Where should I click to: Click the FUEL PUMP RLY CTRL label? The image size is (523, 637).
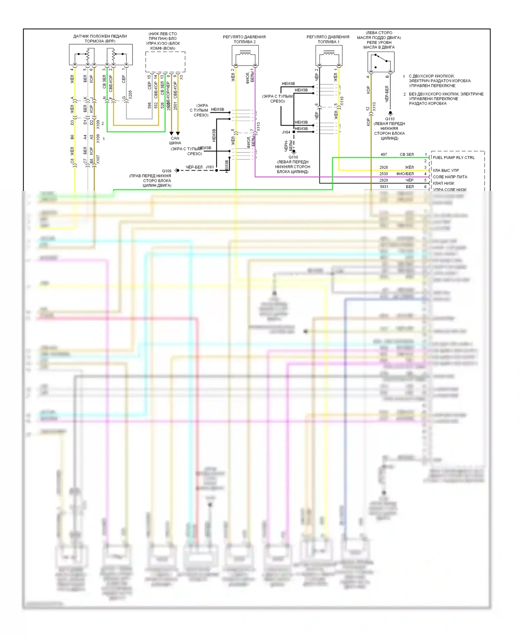click(x=454, y=158)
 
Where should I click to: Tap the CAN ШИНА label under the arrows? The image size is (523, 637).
click(x=175, y=140)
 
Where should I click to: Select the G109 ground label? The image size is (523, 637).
click(x=167, y=171)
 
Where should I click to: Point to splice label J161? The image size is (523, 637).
click(x=210, y=167)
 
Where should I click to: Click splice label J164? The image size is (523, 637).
click(x=286, y=132)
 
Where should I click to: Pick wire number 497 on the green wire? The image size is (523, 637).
click(x=384, y=154)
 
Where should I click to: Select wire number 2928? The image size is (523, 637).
click(x=384, y=167)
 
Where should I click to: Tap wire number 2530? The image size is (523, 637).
click(x=384, y=174)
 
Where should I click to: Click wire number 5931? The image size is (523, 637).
click(x=384, y=187)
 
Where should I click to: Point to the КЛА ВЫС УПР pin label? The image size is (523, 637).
click(x=446, y=170)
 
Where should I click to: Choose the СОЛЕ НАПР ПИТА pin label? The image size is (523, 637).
click(x=450, y=177)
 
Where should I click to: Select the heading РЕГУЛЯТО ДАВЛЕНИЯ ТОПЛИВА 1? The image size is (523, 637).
click(x=328, y=39)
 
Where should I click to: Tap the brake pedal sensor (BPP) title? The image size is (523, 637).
click(x=100, y=39)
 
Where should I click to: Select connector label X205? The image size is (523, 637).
click(x=130, y=95)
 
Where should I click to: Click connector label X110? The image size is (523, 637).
click(x=342, y=101)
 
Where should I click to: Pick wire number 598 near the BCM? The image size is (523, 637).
click(x=149, y=105)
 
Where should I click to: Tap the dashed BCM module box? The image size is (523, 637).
click(x=165, y=62)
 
